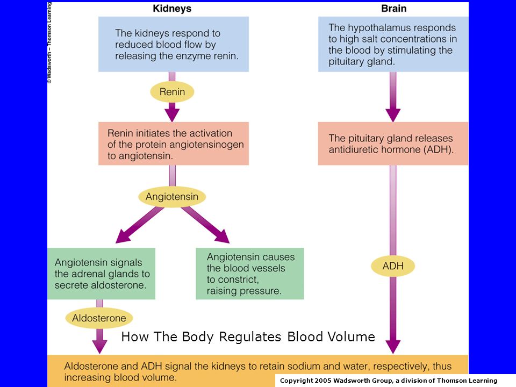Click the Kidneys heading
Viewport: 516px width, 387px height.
click(172, 9)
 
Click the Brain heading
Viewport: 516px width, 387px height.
click(393, 9)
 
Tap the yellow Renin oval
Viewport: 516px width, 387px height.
click(172, 91)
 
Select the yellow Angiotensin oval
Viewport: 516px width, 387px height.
click(172, 197)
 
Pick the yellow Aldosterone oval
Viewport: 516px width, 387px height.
click(99, 318)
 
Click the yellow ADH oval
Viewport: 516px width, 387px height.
click(392, 266)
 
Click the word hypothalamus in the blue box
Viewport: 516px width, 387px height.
click(377, 28)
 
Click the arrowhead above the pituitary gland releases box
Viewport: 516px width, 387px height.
click(393, 114)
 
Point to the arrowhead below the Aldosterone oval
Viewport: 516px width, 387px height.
click(99, 346)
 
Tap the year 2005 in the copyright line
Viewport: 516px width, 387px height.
click(322, 381)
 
